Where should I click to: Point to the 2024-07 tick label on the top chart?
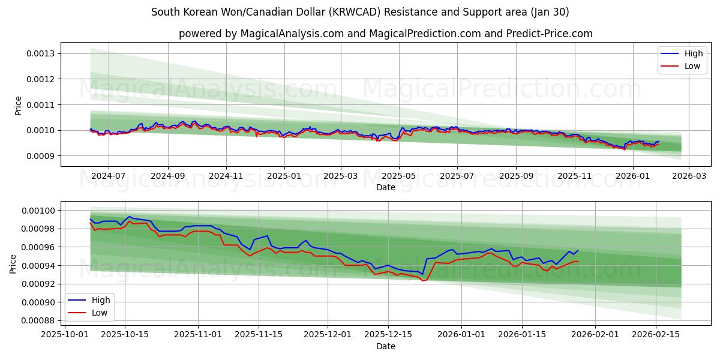point(108,176)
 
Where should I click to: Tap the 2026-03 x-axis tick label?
point(688,176)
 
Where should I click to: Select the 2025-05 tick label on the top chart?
point(399,176)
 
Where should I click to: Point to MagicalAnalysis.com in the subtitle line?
point(286,34)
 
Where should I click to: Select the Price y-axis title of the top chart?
point(18,105)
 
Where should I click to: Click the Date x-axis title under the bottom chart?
point(385,346)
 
